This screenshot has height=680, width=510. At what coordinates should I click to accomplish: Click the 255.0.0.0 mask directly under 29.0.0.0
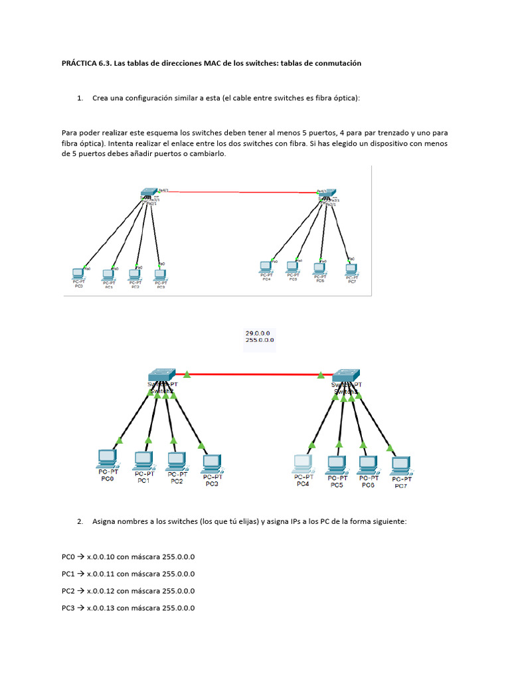click(260, 340)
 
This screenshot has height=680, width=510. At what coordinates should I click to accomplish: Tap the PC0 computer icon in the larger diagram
click(107, 457)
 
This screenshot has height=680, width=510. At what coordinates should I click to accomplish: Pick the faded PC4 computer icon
click(303, 462)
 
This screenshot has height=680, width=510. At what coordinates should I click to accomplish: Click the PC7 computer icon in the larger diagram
click(400, 465)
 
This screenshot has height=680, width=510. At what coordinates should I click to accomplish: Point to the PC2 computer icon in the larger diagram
click(176, 460)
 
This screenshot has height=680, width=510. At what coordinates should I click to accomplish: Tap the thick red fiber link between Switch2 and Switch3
click(259, 375)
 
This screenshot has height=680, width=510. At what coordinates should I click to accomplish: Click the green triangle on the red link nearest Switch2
click(187, 375)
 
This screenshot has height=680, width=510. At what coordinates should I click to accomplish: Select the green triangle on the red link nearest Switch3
click(323, 375)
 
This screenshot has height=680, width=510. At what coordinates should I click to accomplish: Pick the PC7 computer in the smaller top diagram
click(351, 269)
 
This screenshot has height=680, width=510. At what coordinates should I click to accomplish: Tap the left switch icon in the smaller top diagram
click(147, 193)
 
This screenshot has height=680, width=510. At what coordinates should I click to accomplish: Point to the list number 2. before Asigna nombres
click(80, 522)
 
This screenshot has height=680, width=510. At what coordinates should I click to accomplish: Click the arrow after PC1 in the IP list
click(80, 574)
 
